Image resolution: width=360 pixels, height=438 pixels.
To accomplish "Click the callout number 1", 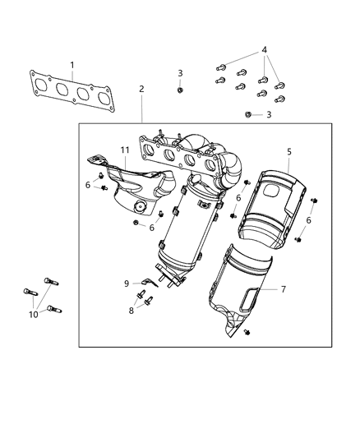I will (x=72, y=65).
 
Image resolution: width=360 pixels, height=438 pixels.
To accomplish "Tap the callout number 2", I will (x=141, y=89).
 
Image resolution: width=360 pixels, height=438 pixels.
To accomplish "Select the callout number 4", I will (x=264, y=51).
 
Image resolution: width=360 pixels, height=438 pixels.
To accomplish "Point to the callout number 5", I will (x=288, y=151).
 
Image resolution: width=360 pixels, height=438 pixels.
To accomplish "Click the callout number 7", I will (x=284, y=289).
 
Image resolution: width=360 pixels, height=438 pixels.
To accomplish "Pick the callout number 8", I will (x=131, y=311).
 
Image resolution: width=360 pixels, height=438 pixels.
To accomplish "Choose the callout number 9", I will (x=127, y=284).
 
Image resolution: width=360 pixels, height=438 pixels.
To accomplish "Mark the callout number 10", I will (x=33, y=313).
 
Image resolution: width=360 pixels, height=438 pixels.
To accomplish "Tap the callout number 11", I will (x=126, y=151).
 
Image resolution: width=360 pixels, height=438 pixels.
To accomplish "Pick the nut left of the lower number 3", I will (x=249, y=114).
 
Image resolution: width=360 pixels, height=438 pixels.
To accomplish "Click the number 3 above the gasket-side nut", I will (x=180, y=73).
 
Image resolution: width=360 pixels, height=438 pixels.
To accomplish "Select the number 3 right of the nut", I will (x=268, y=114).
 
